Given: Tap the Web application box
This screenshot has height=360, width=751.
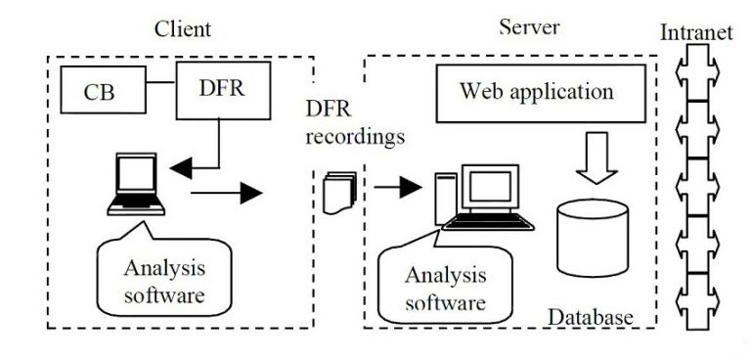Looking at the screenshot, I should coord(537,93).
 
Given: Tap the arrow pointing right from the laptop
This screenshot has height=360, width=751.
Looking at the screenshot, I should coord(229,193).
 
